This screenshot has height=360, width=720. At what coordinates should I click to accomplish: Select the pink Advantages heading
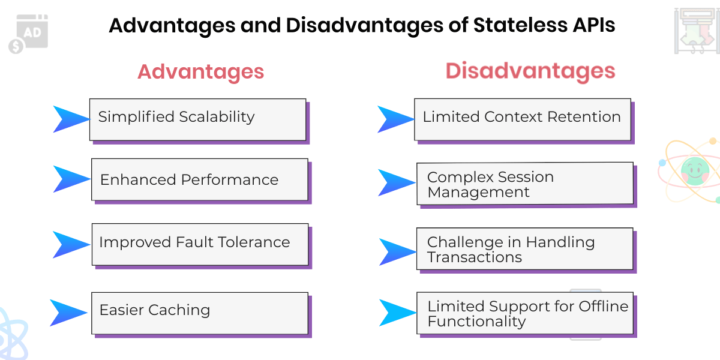[x=200, y=71]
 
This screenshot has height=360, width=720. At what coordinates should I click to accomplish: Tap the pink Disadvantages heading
[x=530, y=71]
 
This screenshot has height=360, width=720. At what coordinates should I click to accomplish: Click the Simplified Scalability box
[x=197, y=119]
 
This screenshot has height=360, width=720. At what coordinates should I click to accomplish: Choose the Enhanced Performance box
[x=199, y=179]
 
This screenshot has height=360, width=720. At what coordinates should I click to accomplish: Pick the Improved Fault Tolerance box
[x=200, y=244]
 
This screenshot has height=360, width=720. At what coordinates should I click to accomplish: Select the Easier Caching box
[x=199, y=313]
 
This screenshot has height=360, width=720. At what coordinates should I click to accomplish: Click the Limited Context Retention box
[x=522, y=119]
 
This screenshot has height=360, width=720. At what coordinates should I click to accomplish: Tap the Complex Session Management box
[x=524, y=183]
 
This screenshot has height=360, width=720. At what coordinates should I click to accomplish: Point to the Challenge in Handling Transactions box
[x=524, y=248]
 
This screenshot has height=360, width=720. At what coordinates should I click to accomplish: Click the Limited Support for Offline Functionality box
[x=524, y=313]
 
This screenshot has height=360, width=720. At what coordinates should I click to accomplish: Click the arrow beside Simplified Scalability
[x=70, y=119]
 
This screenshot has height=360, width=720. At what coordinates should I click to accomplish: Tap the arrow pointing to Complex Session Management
[x=395, y=182]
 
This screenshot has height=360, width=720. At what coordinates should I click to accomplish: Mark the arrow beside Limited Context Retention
[x=395, y=119]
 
